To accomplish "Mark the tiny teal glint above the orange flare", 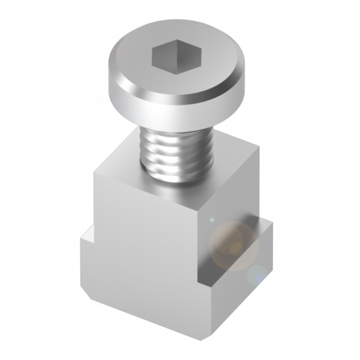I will [211, 220].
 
